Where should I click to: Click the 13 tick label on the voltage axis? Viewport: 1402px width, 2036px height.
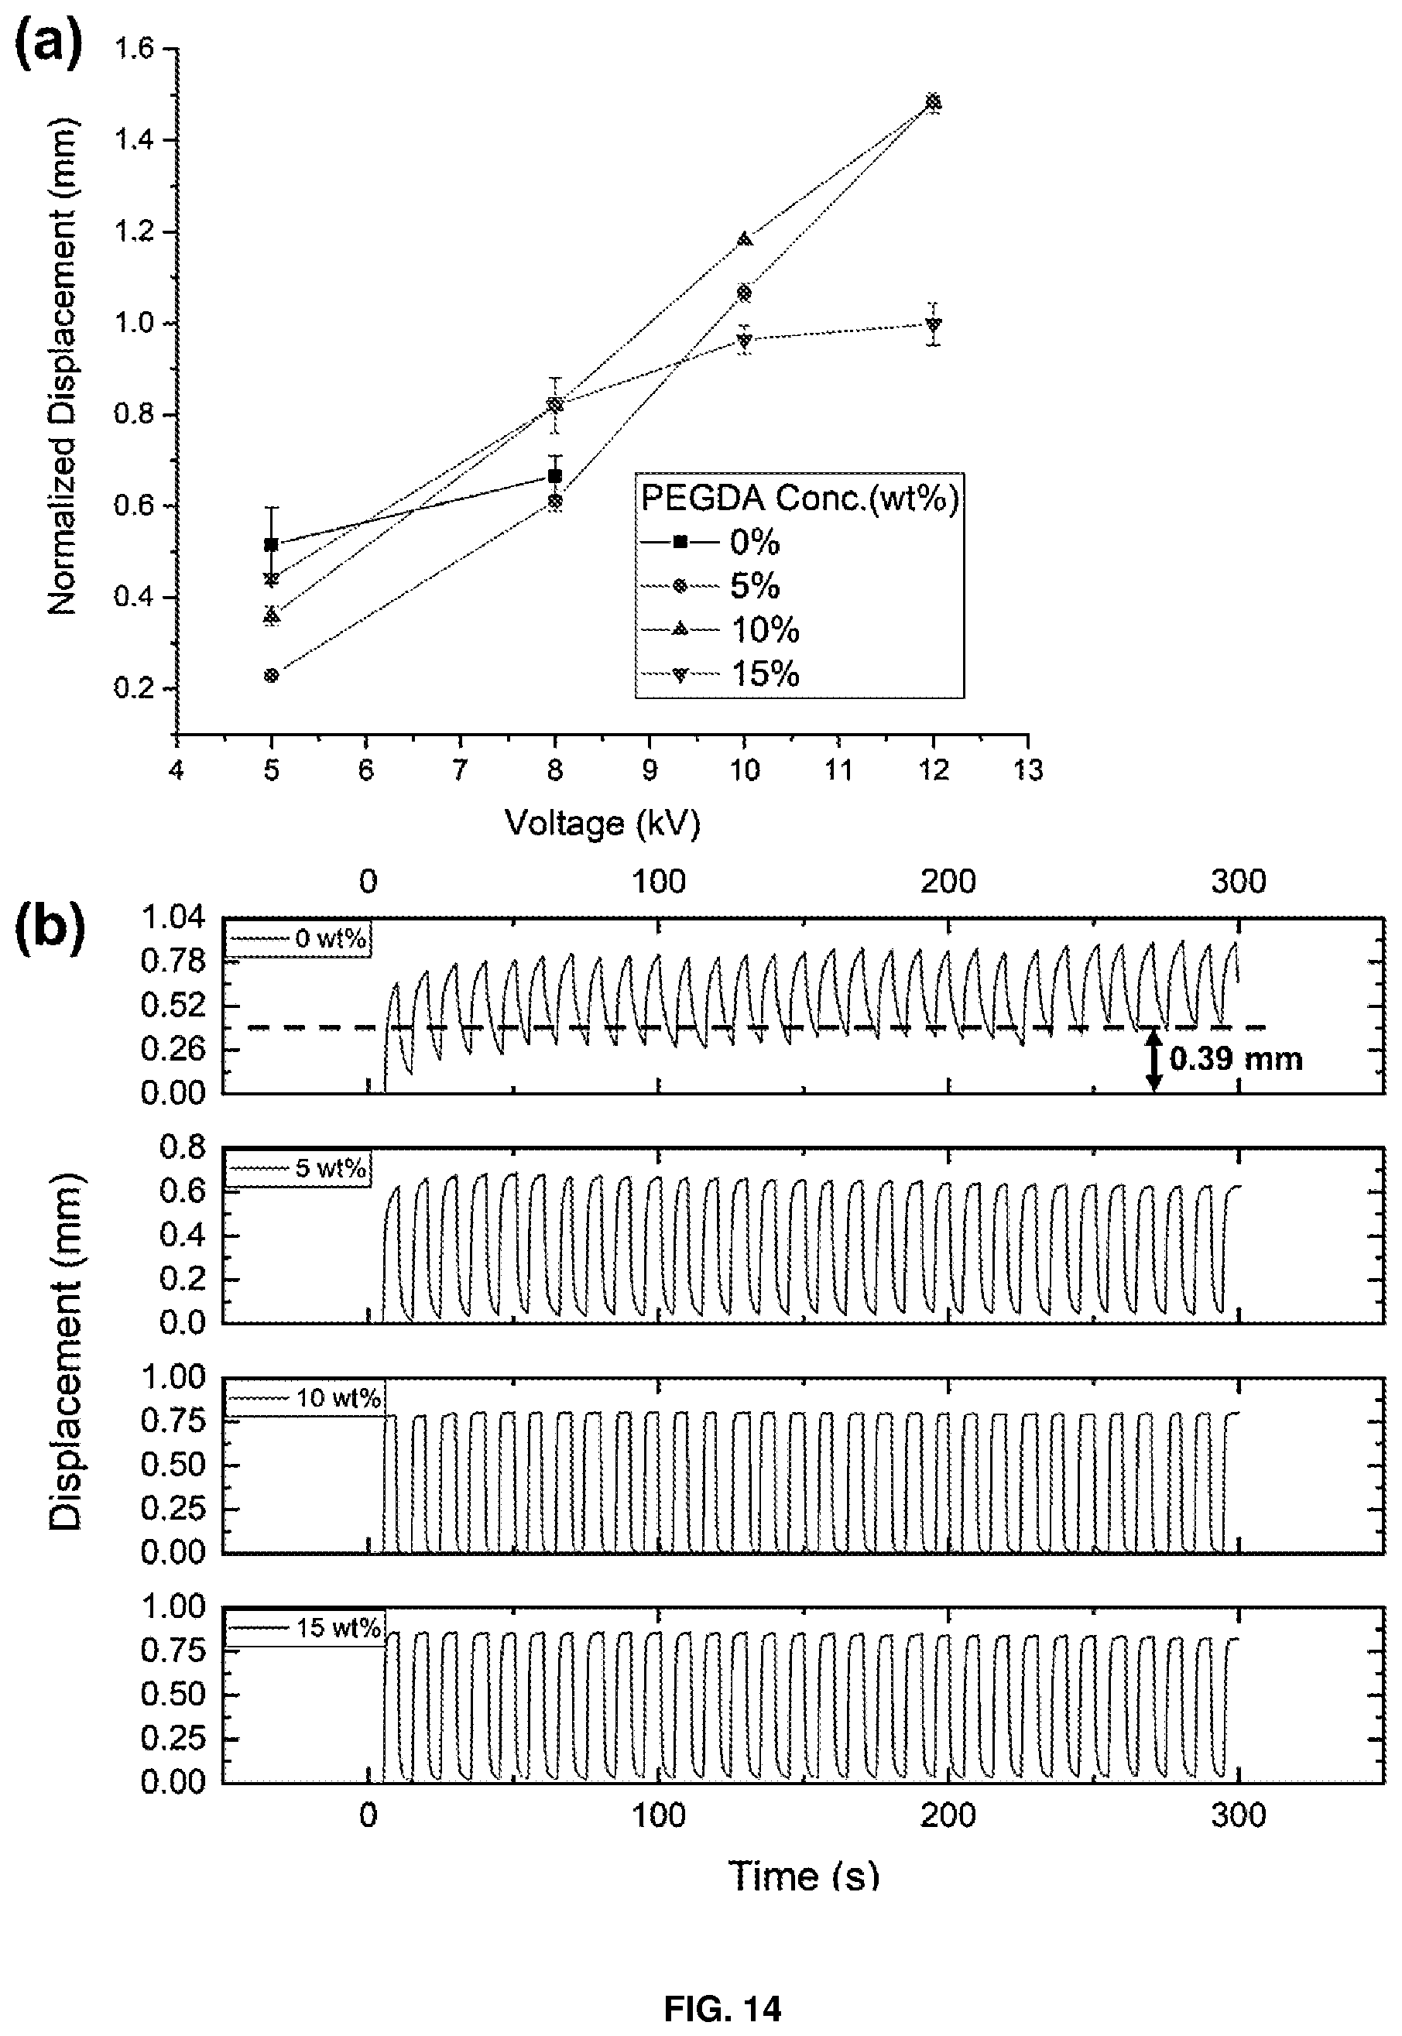pos(1029,770)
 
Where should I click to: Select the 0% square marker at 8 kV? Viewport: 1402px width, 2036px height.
pos(554,476)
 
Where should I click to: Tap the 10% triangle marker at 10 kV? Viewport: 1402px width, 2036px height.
pos(745,239)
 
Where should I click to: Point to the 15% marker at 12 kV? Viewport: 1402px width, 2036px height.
pos(933,324)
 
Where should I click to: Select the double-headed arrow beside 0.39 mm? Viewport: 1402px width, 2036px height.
pos(1154,1060)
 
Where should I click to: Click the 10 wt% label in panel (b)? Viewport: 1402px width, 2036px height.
pos(338,1397)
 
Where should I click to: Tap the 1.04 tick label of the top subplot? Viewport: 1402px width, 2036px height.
pos(173,918)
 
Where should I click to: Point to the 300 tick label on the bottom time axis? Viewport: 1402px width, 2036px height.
pos(1239,1815)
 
